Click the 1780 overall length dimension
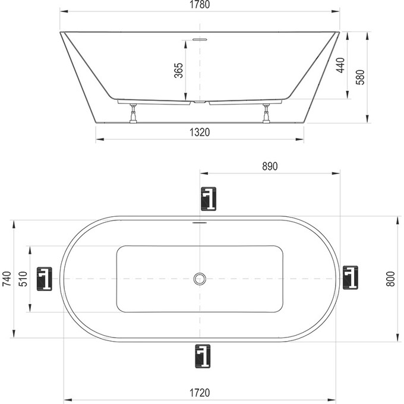click(x=201, y=5)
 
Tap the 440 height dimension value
click(x=340, y=65)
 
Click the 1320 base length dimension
click(x=201, y=132)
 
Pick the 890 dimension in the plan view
click(x=270, y=167)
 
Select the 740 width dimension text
click(x=7, y=279)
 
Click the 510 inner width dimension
click(x=23, y=279)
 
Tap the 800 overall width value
click(x=390, y=279)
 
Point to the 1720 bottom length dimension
click(x=201, y=393)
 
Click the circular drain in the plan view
click(x=201, y=279)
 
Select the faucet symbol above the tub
click(x=208, y=199)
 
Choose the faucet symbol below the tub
click(x=203, y=357)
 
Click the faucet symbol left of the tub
click(x=46, y=279)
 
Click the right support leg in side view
click(x=266, y=113)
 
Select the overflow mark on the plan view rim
click(x=200, y=224)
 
